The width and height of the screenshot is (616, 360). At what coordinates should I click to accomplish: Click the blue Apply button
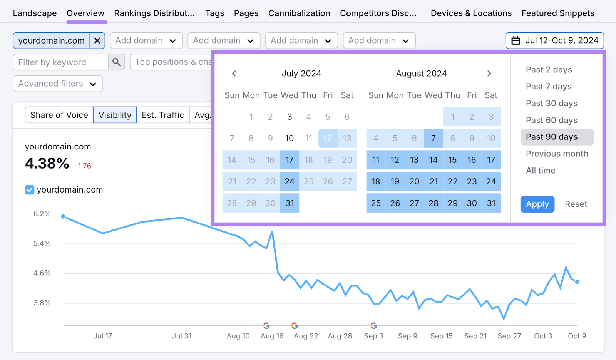click(537, 204)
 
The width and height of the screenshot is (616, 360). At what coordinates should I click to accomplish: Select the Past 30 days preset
click(551, 103)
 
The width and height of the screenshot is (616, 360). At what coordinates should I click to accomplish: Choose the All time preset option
click(541, 171)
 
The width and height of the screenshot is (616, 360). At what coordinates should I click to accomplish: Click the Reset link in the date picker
click(576, 204)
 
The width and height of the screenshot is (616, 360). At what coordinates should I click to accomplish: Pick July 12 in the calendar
click(328, 138)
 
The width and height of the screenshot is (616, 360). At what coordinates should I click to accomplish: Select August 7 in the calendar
click(433, 138)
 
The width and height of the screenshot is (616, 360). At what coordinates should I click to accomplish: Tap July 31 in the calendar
click(290, 203)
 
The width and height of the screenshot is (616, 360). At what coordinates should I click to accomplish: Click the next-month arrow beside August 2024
click(489, 74)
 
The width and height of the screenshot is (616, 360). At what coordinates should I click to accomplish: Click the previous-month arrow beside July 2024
click(234, 74)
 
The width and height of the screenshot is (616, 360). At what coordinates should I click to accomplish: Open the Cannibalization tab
click(299, 13)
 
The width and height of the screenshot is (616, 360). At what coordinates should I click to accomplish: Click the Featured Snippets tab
click(557, 13)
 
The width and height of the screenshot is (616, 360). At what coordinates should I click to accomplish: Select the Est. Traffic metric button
click(163, 115)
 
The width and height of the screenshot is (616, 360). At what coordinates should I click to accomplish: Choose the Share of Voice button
click(59, 115)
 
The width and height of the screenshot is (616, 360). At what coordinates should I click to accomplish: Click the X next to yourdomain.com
click(97, 40)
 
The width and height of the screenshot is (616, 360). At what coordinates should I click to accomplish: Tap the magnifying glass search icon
click(116, 62)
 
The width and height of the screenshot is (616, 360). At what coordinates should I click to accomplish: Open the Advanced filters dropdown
click(58, 84)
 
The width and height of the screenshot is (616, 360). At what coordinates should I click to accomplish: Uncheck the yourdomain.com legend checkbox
click(30, 189)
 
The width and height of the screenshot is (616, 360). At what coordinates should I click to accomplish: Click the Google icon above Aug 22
click(295, 326)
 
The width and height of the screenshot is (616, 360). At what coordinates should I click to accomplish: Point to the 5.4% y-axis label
click(42, 243)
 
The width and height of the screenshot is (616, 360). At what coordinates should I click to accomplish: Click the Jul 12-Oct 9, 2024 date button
click(554, 40)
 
